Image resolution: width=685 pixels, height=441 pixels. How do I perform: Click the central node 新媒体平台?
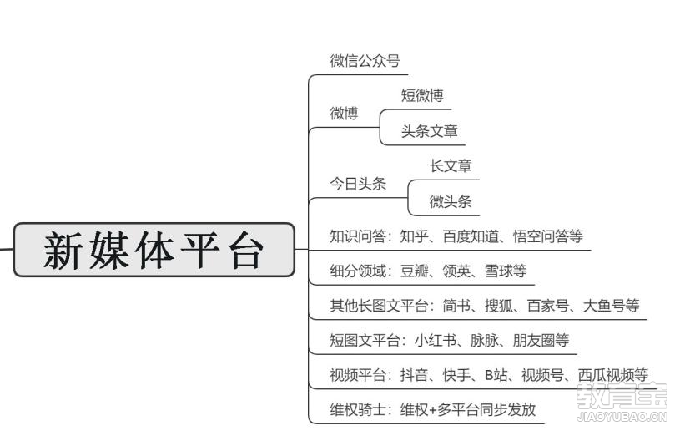[154, 250]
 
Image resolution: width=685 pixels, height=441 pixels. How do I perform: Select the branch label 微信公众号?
[365, 60]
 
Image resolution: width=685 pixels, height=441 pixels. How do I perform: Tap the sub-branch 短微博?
[422, 95]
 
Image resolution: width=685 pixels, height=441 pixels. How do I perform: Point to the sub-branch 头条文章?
[429, 130]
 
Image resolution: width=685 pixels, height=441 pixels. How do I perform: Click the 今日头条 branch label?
[358, 183]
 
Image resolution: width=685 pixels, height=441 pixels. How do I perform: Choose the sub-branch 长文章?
[451, 165]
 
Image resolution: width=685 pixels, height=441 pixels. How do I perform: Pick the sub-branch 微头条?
[451, 201]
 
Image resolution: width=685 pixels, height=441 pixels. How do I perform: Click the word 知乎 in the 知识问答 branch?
[414, 236]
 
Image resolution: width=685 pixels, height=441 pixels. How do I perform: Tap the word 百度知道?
[471, 236]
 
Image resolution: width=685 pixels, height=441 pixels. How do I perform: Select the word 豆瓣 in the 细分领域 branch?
[414, 271]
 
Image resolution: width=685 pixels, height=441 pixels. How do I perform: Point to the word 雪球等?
[506, 271]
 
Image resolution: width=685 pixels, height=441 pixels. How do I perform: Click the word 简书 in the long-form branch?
[456, 306]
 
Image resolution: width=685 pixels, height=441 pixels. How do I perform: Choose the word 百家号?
[548, 306]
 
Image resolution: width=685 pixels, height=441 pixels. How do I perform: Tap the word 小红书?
[436, 340]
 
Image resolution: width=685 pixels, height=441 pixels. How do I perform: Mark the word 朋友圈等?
[541, 340]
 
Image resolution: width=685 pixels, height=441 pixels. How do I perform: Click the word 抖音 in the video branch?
[414, 375]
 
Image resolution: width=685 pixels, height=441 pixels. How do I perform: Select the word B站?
[496, 375]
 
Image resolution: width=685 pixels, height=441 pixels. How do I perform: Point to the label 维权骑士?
[358, 409]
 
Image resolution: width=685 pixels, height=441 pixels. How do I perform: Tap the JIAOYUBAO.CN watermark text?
[622, 416]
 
